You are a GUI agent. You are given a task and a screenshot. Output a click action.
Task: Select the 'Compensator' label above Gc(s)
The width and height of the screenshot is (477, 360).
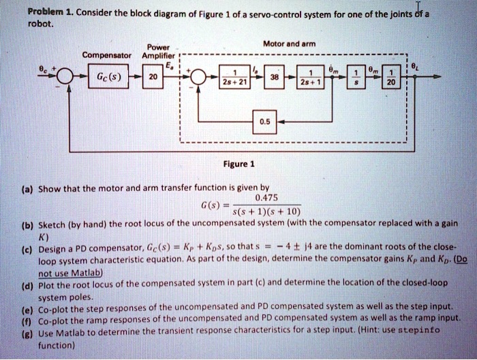(x=104, y=55)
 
